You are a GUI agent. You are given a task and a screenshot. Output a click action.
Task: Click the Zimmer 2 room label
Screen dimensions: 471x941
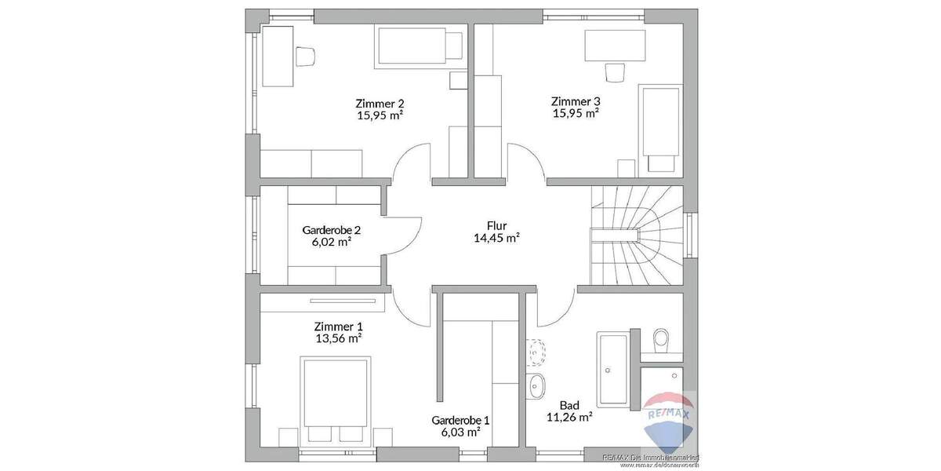(380, 103)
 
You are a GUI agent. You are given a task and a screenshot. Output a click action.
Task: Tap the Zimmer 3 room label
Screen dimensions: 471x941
(576, 101)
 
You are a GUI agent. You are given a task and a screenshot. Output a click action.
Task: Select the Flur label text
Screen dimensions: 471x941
(497, 225)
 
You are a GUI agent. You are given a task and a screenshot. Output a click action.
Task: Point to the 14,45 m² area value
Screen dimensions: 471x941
(497, 238)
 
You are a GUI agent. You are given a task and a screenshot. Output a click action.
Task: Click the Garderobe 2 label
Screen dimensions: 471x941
(331, 230)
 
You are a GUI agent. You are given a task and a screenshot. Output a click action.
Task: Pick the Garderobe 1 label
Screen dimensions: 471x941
(460, 420)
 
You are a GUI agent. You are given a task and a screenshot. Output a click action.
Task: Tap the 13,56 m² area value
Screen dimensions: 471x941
(338, 338)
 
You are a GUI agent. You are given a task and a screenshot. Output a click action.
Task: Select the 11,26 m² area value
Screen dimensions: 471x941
(569, 418)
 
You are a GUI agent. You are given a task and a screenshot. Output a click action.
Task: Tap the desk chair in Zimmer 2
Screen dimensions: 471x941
(305, 55)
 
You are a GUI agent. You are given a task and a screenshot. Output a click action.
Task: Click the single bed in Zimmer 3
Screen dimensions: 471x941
(660, 126)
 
